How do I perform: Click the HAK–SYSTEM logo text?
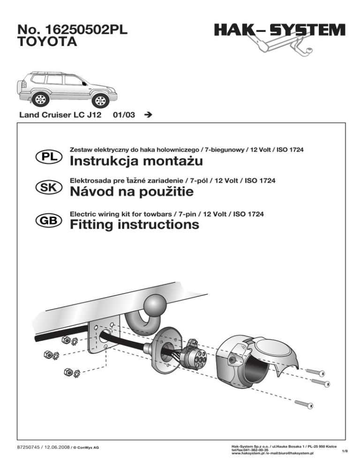click(x=279, y=31)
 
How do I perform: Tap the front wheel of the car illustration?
click(x=99, y=99)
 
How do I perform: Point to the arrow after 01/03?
click(x=149, y=115)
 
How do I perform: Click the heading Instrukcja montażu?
click(x=135, y=162)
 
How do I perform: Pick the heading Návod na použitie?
click(x=131, y=192)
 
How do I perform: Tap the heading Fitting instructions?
click(x=134, y=225)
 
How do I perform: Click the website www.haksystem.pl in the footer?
click(x=248, y=454)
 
